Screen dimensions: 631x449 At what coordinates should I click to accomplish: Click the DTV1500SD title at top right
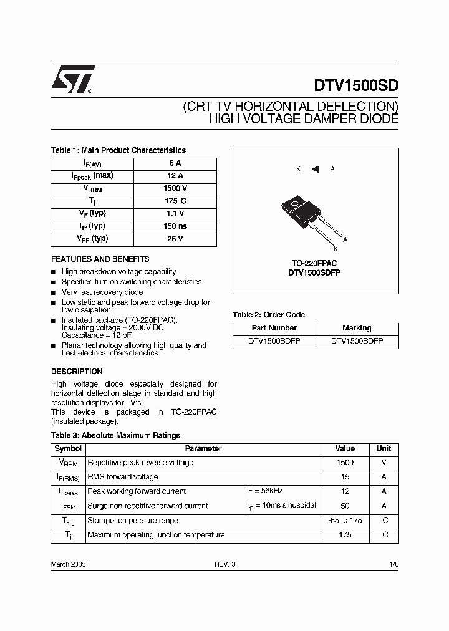click(x=352, y=85)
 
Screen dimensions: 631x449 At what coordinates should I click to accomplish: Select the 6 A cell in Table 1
click(x=175, y=163)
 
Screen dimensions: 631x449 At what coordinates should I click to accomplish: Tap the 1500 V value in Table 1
click(x=175, y=188)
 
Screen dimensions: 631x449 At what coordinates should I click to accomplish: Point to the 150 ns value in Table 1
click(x=175, y=226)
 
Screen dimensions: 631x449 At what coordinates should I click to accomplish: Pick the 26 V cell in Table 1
click(x=175, y=239)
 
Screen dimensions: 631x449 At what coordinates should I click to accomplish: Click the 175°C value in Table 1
click(x=175, y=201)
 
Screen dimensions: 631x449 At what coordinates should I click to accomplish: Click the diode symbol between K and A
click(x=315, y=169)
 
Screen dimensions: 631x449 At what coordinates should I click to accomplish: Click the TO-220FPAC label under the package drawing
click(x=314, y=264)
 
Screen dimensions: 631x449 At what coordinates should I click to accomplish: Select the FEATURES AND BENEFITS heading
click(x=100, y=259)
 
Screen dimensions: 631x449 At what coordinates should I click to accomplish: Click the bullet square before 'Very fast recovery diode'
click(x=54, y=292)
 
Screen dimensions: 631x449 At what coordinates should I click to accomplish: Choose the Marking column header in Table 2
click(x=357, y=328)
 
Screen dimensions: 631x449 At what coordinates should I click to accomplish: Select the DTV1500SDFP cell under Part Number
click(x=274, y=341)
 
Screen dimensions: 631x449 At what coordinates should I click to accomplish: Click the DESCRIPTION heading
click(x=77, y=372)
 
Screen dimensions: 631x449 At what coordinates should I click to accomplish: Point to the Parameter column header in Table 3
click(x=203, y=448)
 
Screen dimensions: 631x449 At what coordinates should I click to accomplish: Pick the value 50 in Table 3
click(x=345, y=506)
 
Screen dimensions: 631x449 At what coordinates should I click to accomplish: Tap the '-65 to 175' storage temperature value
click(x=345, y=520)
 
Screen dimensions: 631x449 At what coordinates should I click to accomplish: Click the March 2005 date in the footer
click(x=68, y=564)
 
